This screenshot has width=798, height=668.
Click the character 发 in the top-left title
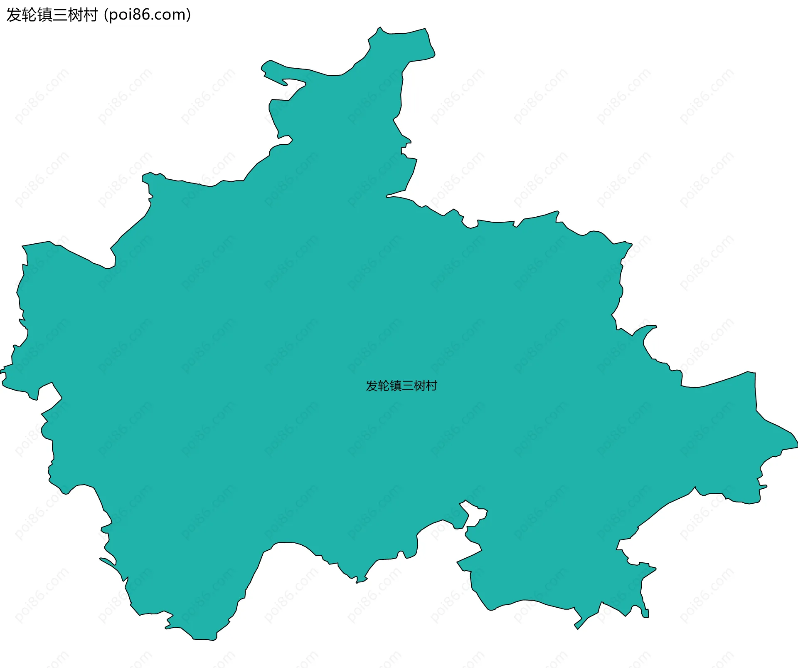[14, 15]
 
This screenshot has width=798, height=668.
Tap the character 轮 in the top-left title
[29, 15]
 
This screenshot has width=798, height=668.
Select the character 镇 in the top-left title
[44, 15]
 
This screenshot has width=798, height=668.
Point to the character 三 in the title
[60, 15]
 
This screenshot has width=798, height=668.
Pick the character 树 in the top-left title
[75, 15]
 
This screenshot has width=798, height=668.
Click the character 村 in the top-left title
[90, 15]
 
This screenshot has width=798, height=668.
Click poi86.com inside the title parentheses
[147, 15]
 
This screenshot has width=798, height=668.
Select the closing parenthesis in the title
[189, 15]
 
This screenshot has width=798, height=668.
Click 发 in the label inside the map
[372, 386]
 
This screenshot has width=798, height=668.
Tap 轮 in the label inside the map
[384, 386]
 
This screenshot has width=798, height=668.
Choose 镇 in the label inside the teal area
[396, 386]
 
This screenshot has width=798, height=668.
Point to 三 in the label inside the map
[407, 386]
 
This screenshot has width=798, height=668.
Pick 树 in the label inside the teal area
[419, 386]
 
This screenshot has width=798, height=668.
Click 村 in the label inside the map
[431, 386]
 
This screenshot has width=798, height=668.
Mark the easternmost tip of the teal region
[797, 446]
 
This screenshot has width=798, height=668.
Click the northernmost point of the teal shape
[380, 27]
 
